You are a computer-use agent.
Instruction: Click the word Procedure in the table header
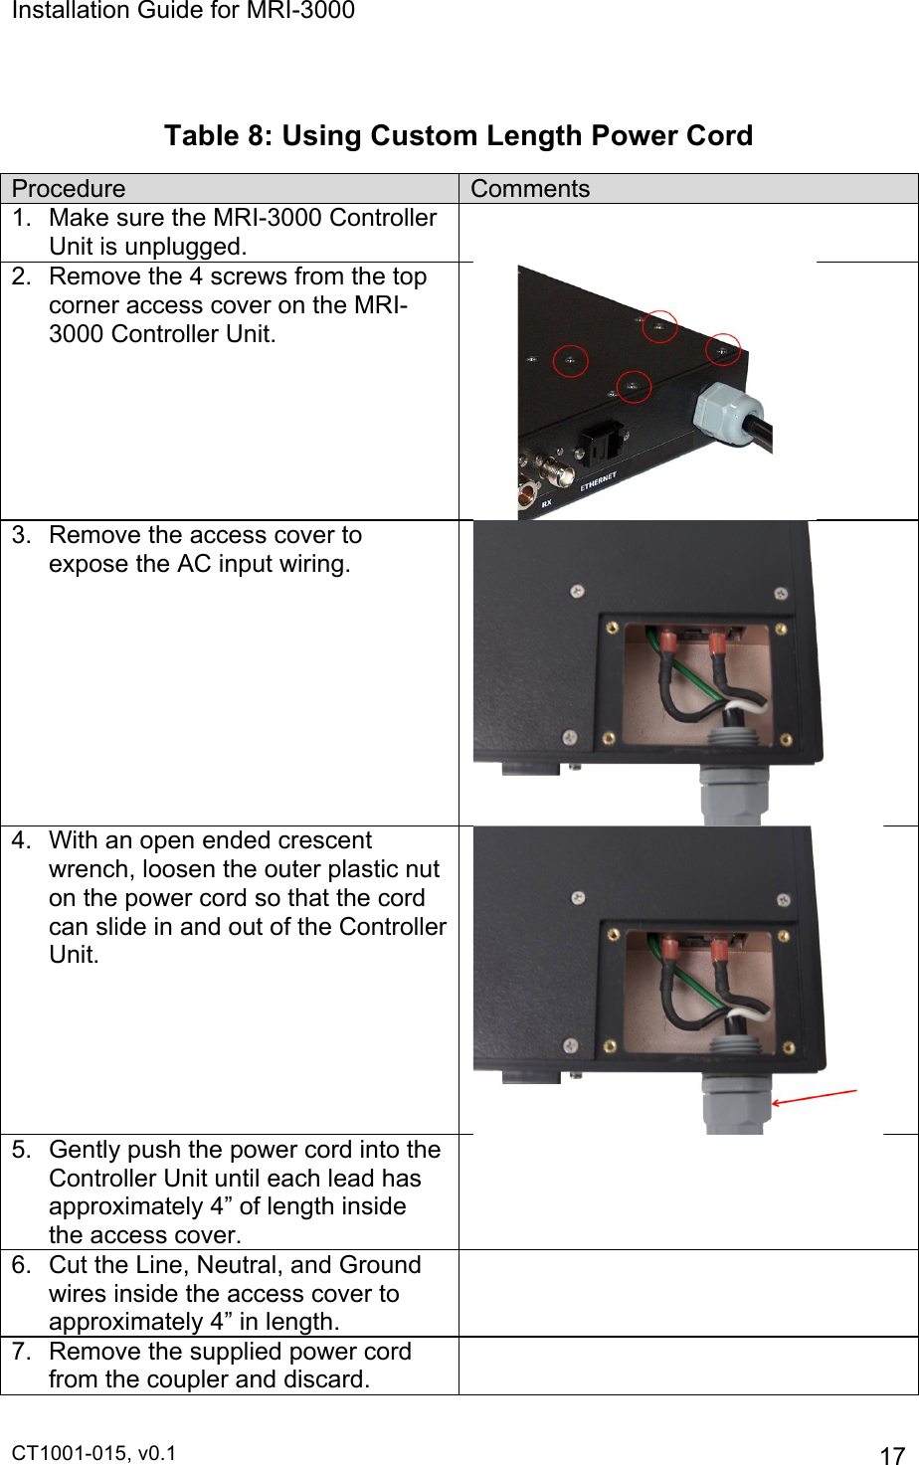click(x=69, y=189)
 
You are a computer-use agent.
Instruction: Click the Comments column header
click(x=530, y=189)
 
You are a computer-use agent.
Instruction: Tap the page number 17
click(x=892, y=1455)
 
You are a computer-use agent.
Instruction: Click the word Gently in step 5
click(x=85, y=1150)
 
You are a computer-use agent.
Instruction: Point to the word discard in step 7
click(x=324, y=1379)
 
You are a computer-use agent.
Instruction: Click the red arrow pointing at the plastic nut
click(x=814, y=1097)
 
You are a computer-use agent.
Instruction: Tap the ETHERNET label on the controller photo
click(x=599, y=482)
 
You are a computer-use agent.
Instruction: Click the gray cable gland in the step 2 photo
click(x=726, y=412)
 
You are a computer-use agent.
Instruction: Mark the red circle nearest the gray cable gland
click(x=723, y=350)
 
